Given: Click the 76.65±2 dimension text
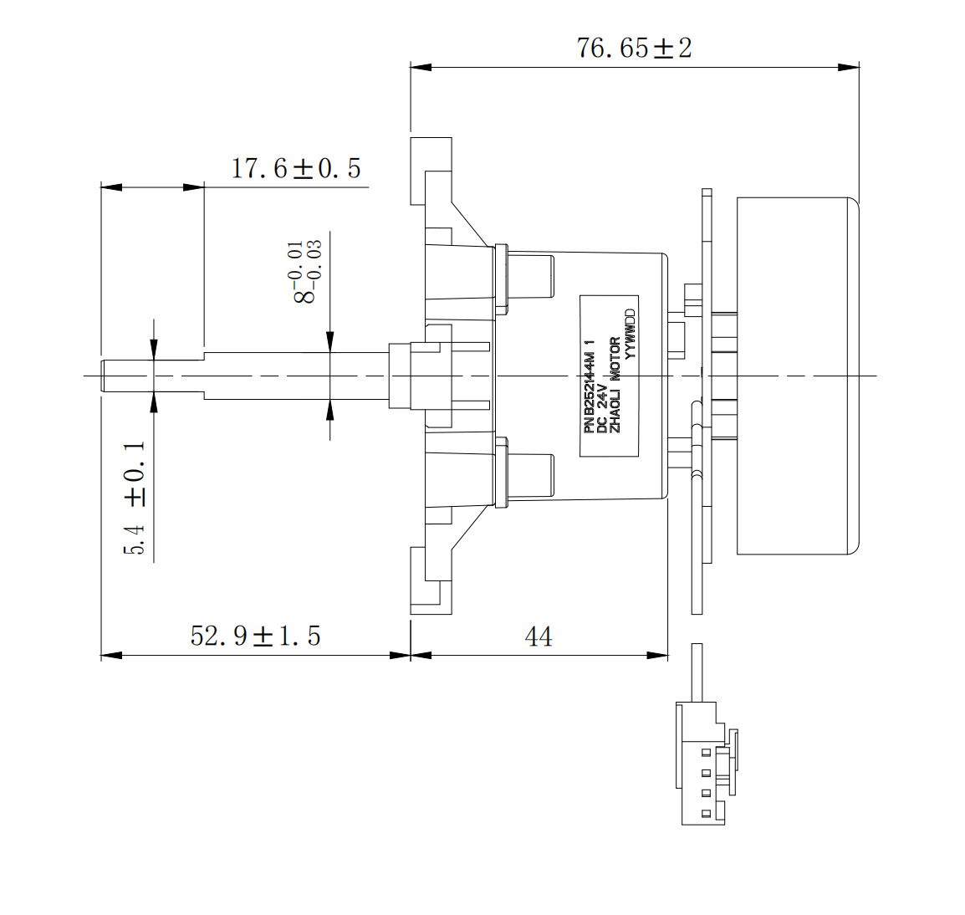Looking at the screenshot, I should pyautogui.click(x=634, y=48).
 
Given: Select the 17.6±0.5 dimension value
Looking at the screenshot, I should pyautogui.click(x=296, y=168).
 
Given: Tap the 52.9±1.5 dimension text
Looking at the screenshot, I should pyautogui.click(x=255, y=636).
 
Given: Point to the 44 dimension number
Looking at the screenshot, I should pyautogui.click(x=539, y=637).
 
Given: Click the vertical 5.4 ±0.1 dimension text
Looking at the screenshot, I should pyautogui.click(x=135, y=498).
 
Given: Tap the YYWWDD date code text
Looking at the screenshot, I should pyautogui.click(x=631, y=335).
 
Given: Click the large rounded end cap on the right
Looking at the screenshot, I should pyautogui.click(x=798, y=376).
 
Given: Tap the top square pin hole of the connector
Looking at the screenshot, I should pyautogui.click(x=707, y=751).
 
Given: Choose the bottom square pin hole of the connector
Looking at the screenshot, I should pyautogui.click(x=707, y=813).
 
